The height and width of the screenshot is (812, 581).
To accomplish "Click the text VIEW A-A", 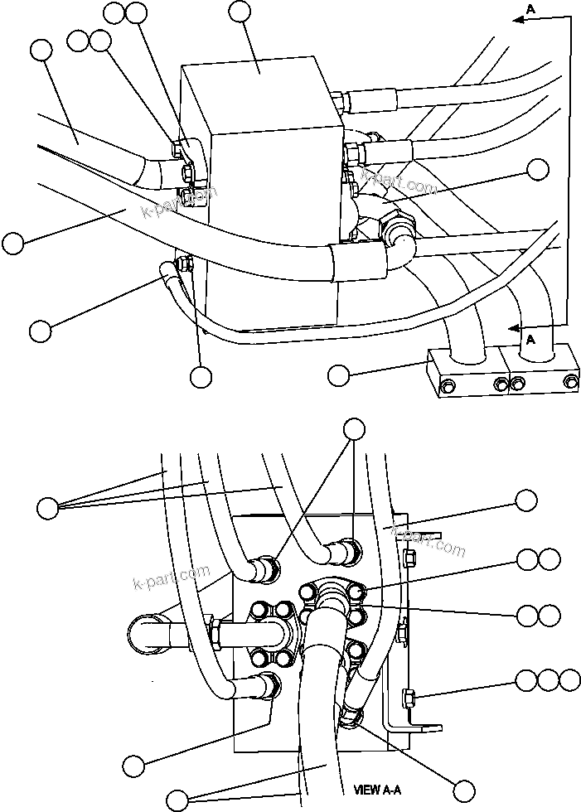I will (378, 790).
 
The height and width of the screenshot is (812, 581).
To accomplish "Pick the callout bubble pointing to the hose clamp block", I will (338, 375).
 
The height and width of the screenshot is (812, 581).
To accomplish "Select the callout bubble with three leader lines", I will (49, 506).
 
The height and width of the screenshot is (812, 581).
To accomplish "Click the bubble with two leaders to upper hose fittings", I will (354, 428).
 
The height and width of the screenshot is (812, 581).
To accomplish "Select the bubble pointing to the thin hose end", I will (39, 330).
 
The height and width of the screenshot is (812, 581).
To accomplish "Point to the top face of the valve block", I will (260, 83).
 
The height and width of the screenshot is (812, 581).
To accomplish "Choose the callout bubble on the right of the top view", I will (538, 169).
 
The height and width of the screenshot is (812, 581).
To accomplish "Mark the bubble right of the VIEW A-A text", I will (466, 790).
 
